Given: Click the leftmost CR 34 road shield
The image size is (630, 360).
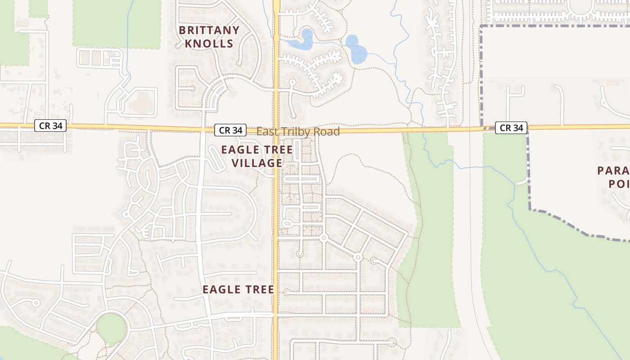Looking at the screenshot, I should click(50, 126).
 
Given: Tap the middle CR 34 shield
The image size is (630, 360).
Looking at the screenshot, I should click(230, 130).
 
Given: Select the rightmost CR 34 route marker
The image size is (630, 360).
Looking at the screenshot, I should click(511, 128).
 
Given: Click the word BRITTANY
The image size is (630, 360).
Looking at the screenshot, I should click(209, 30).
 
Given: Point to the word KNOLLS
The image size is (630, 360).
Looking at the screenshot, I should click(209, 44).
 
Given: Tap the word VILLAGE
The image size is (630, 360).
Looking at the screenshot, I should click(257, 162).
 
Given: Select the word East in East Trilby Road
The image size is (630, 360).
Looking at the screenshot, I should click(267, 132).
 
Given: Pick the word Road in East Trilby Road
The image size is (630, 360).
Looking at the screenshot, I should click(327, 132).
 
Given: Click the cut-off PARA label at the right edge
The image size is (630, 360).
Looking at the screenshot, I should click(613, 171).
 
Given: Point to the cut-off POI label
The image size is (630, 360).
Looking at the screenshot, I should click(619, 184).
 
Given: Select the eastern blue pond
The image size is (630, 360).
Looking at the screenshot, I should click(356, 50).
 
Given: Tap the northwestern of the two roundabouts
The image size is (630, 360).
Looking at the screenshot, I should click(323, 238).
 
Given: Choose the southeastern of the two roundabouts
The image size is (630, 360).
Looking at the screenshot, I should click(358, 257).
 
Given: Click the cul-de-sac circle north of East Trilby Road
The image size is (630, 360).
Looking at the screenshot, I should click(292, 82).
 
